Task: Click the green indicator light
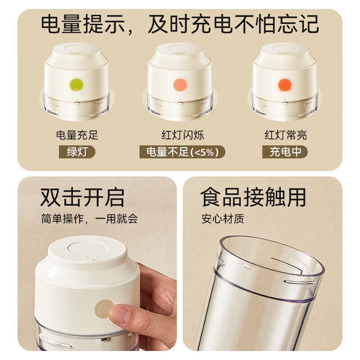click(x=76, y=84)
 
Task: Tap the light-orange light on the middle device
click(x=180, y=84)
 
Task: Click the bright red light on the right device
click(x=284, y=84)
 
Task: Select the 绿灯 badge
click(x=77, y=152)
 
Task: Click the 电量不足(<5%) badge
click(x=182, y=152)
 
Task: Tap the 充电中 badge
click(x=285, y=152)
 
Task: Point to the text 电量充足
click(x=77, y=135)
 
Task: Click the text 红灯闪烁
click(x=182, y=135)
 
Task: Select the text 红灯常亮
click(x=285, y=135)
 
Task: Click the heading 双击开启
click(x=82, y=197)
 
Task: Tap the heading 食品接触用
click(x=253, y=197)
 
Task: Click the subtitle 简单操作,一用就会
click(x=89, y=219)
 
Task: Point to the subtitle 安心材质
click(x=223, y=219)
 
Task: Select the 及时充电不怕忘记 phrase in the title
click(x=234, y=24)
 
